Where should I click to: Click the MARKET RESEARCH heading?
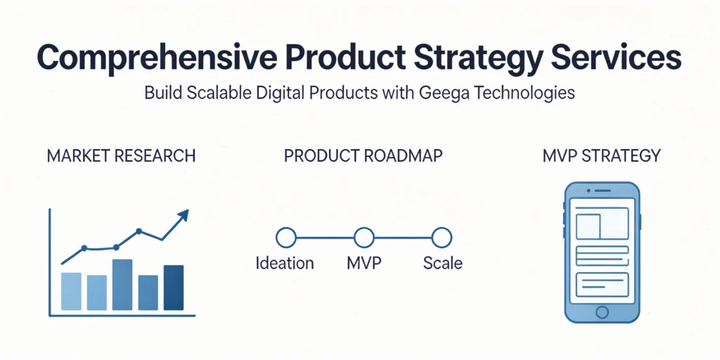(x=121, y=155)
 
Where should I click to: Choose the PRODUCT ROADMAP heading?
(x=364, y=155)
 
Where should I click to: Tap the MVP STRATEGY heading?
(x=601, y=155)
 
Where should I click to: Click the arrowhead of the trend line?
(x=184, y=215)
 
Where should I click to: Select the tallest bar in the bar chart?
(x=122, y=285)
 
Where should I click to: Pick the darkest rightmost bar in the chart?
(x=174, y=288)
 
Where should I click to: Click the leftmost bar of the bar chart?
(x=71, y=292)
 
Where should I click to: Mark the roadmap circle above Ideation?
(x=286, y=238)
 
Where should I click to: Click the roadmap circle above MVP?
(x=364, y=238)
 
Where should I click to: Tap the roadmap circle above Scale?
(x=442, y=238)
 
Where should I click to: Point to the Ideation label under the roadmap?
(x=285, y=263)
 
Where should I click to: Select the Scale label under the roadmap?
(x=443, y=263)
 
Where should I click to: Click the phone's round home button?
(x=602, y=312)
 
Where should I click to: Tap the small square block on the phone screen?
(x=589, y=227)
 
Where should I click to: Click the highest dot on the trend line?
(x=139, y=231)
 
